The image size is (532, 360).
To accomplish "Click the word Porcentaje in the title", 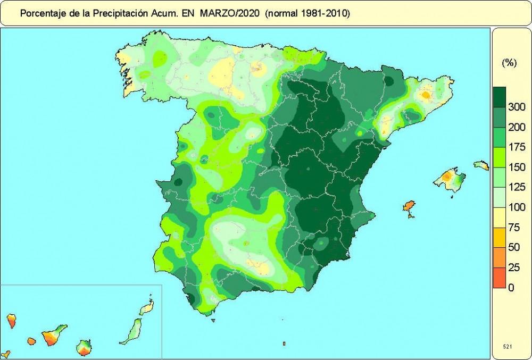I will (41, 14).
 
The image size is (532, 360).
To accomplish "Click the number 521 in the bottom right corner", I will (508, 346).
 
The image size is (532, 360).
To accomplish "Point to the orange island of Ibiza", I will (409, 207).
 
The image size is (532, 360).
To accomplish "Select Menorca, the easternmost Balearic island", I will (481, 165).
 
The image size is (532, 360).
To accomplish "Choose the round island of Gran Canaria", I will (85, 348).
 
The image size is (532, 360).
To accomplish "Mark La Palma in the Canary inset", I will (11, 321).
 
